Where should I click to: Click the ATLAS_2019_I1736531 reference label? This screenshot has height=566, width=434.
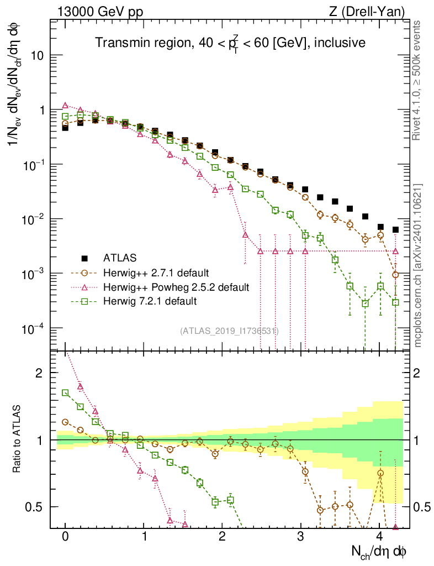tap(229, 331)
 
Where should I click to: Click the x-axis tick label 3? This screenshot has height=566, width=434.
tap(301, 537)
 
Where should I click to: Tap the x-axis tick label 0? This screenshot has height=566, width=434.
tap(65, 537)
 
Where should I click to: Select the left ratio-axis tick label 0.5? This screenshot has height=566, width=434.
tap(35, 507)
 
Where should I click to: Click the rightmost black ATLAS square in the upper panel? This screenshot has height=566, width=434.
tap(395, 229)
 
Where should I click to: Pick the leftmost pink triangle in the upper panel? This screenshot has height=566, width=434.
tap(65, 105)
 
